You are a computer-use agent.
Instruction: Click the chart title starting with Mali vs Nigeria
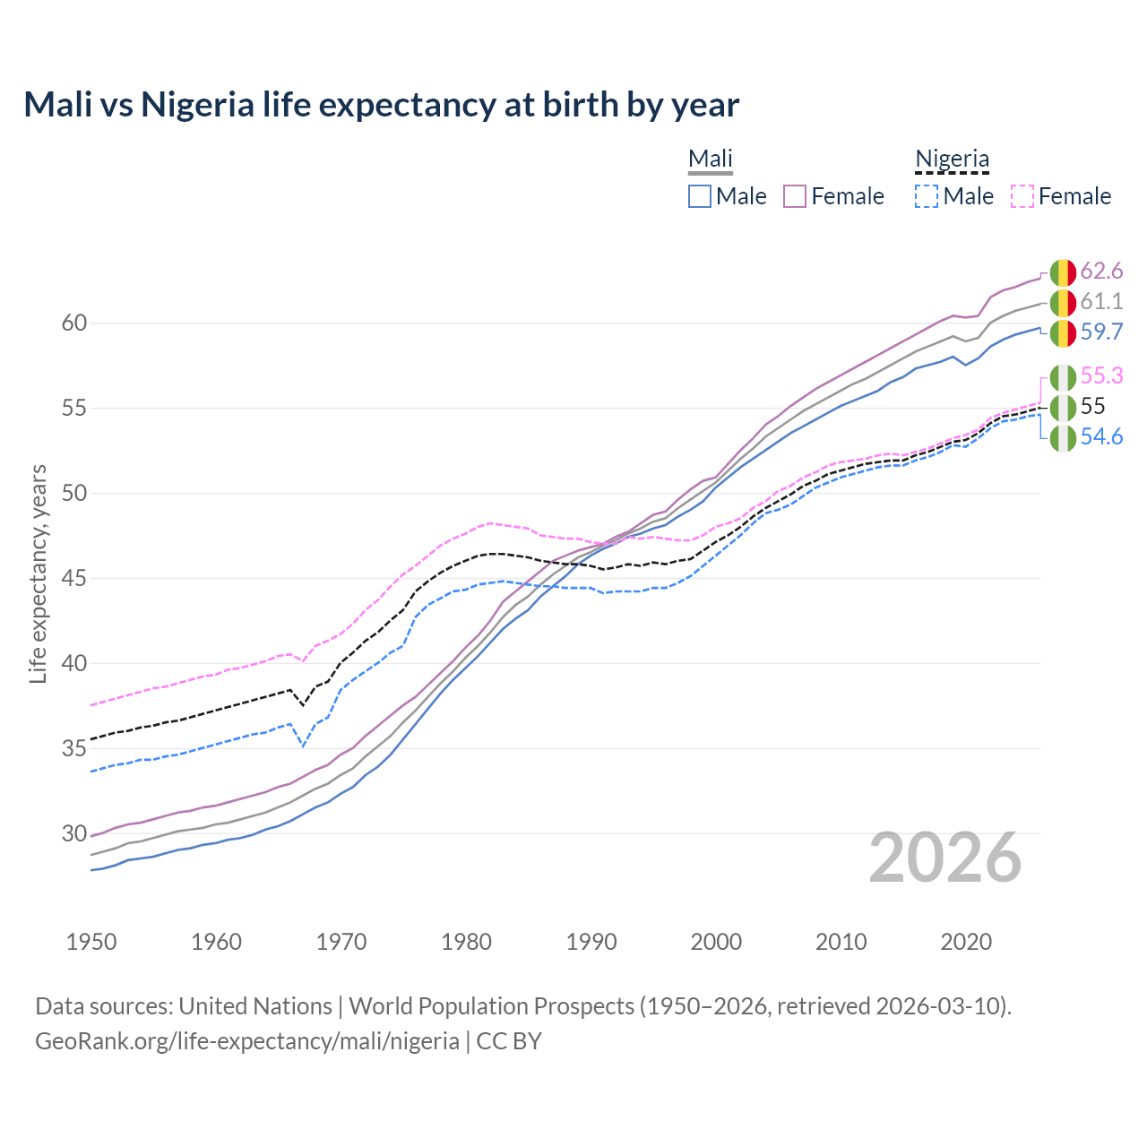(x=381, y=105)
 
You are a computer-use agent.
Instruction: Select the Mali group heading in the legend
(x=711, y=159)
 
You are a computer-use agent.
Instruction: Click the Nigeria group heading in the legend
(x=952, y=159)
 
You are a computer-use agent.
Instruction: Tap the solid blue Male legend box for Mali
(x=700, y=196)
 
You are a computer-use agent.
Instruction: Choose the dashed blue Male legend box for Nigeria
(x=927, y=196)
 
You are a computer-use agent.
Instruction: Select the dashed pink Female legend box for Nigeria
(x=1022, y=196)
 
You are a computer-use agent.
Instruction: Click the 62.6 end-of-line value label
(x=1101, y=271)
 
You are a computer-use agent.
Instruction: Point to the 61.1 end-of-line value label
(x=1101, y=301)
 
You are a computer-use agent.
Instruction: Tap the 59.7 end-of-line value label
(x=1101, y=332)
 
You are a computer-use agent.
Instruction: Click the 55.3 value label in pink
(x=1101, y=375)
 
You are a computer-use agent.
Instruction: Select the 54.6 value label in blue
(x=1101, y=436)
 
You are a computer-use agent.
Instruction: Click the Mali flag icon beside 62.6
(x=1063, y=272)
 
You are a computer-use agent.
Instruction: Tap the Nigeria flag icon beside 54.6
(x=1063, y=438)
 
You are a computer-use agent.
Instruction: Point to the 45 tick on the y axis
(x=74, y=578)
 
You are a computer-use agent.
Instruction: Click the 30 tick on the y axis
(x=74, y=833)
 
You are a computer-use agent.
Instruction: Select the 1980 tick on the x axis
(x=466, y=942)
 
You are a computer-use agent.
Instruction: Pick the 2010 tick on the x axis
(x=841, y=942)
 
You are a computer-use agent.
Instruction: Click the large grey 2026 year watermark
(x=945, y=858)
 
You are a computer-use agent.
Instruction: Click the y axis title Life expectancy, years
(x=39, y=573)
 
